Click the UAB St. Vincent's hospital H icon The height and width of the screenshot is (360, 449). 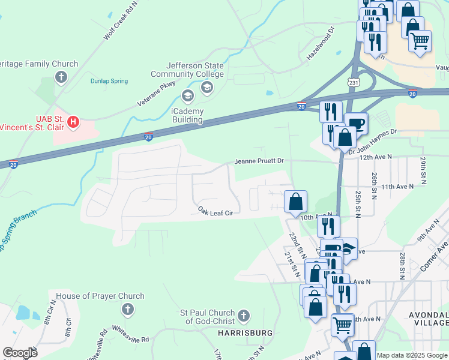click(x=73, y=122)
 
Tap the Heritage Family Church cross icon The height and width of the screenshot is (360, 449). click(x=61, y=77)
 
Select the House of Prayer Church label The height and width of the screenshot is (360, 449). click(x=100, y=296)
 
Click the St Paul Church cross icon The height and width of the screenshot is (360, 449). click(x=243, y=315)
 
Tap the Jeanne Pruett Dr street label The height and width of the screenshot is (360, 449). click(x=259, y=161)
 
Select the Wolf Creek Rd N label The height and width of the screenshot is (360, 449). click(x=120, y=20)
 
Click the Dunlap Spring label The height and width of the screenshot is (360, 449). click(x=109, y=81)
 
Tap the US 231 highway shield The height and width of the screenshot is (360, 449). click(x=354, y=80)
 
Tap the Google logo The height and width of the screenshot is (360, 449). click(x=20, y=353)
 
